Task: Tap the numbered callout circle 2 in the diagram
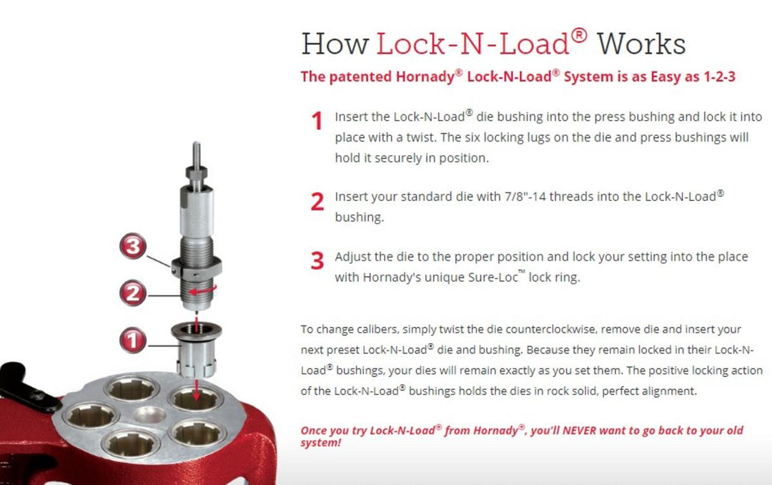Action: [x=134, y=293]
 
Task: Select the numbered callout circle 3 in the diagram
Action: [x=134, y=247]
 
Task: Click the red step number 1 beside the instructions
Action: [x=317, y=122]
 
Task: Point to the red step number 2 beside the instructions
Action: [x=317, y=202]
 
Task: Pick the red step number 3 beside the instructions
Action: [x=317, y=261]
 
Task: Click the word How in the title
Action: [x=334, y=44]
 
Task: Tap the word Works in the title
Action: [x=641, y=44]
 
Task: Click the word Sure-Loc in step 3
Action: [x=500, y=278]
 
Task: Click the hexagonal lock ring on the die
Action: [x=197, y=270]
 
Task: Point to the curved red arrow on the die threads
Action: [x=208, y=292]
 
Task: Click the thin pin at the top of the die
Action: [x=196, y=153]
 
